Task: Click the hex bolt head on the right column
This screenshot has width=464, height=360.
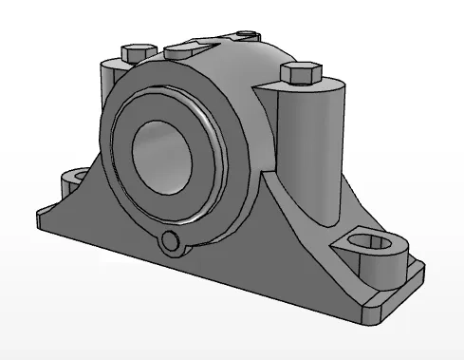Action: tap(302, 73)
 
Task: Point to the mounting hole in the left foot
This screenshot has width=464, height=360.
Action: tap(73, 177)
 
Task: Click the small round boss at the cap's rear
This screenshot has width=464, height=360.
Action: tap(248, 36)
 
